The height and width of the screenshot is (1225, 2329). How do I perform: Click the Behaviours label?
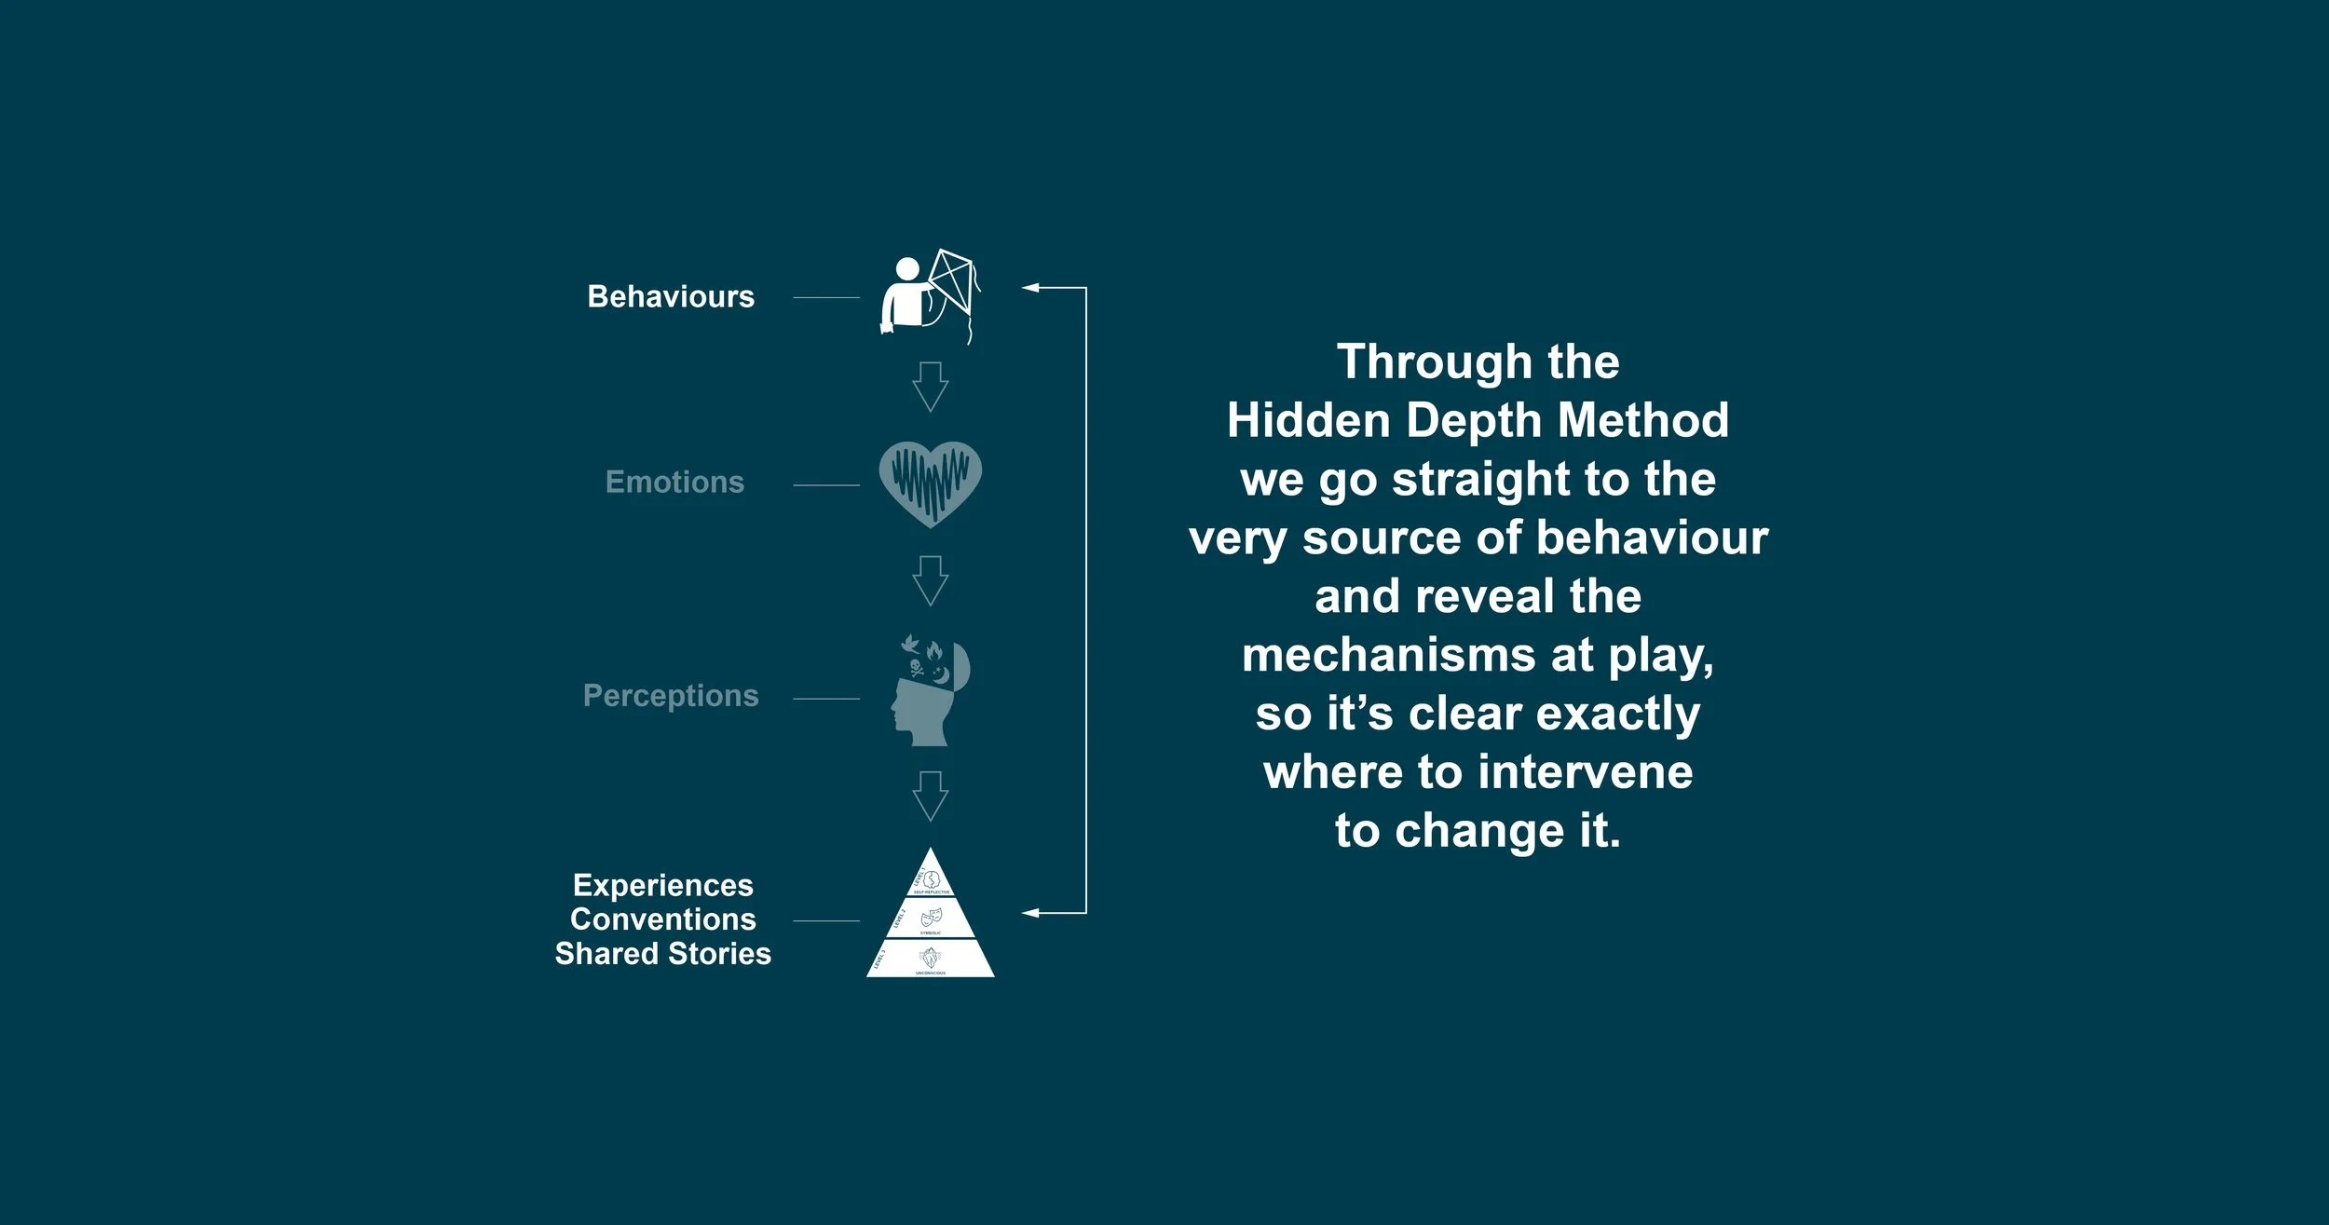[x=671, y=296]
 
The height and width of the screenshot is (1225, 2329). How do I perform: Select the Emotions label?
[x=674, y=482]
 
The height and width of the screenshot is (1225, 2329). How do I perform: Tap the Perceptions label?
[x=671, y=696]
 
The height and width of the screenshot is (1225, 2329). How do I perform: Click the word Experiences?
[x=663, y=885]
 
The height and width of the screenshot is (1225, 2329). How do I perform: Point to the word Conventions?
[x=663, y=919]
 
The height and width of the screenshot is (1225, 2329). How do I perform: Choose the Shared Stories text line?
[x=663, y=954]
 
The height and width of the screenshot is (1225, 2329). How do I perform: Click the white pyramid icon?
[x=931, y=919]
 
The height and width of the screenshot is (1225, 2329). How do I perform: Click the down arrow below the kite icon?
[x=931, y=387]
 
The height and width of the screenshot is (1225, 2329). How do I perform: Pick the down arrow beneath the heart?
[x=931, y=581]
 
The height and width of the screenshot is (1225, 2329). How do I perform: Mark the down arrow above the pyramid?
[x=931, y=796]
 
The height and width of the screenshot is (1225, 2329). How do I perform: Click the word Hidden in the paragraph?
[x=1308, y=420]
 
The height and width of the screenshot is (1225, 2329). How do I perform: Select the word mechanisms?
[x=1388, y=655]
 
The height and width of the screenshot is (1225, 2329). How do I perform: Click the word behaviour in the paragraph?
[x=1652, y=538]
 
